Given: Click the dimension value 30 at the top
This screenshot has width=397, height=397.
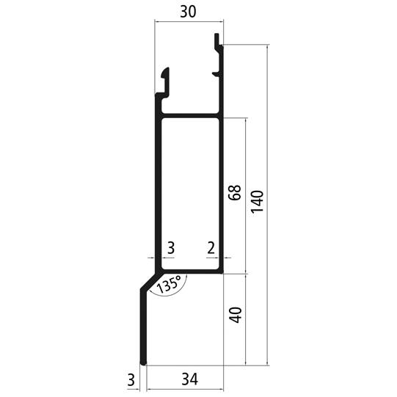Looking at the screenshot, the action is point(188,12).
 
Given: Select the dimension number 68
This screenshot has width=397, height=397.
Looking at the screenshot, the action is point(234,193).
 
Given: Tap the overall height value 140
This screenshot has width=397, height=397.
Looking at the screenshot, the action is point(258,202).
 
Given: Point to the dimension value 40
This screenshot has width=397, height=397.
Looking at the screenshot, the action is point(236,315).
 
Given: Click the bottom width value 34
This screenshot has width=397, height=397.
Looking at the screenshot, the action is point(190,379).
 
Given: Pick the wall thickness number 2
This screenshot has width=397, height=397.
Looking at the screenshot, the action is point(211,247).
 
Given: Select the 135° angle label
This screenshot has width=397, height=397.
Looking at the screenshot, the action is point(169,284).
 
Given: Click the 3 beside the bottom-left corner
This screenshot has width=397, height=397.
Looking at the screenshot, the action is point(131,380).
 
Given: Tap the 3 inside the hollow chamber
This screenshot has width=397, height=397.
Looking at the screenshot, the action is point(171,247).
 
